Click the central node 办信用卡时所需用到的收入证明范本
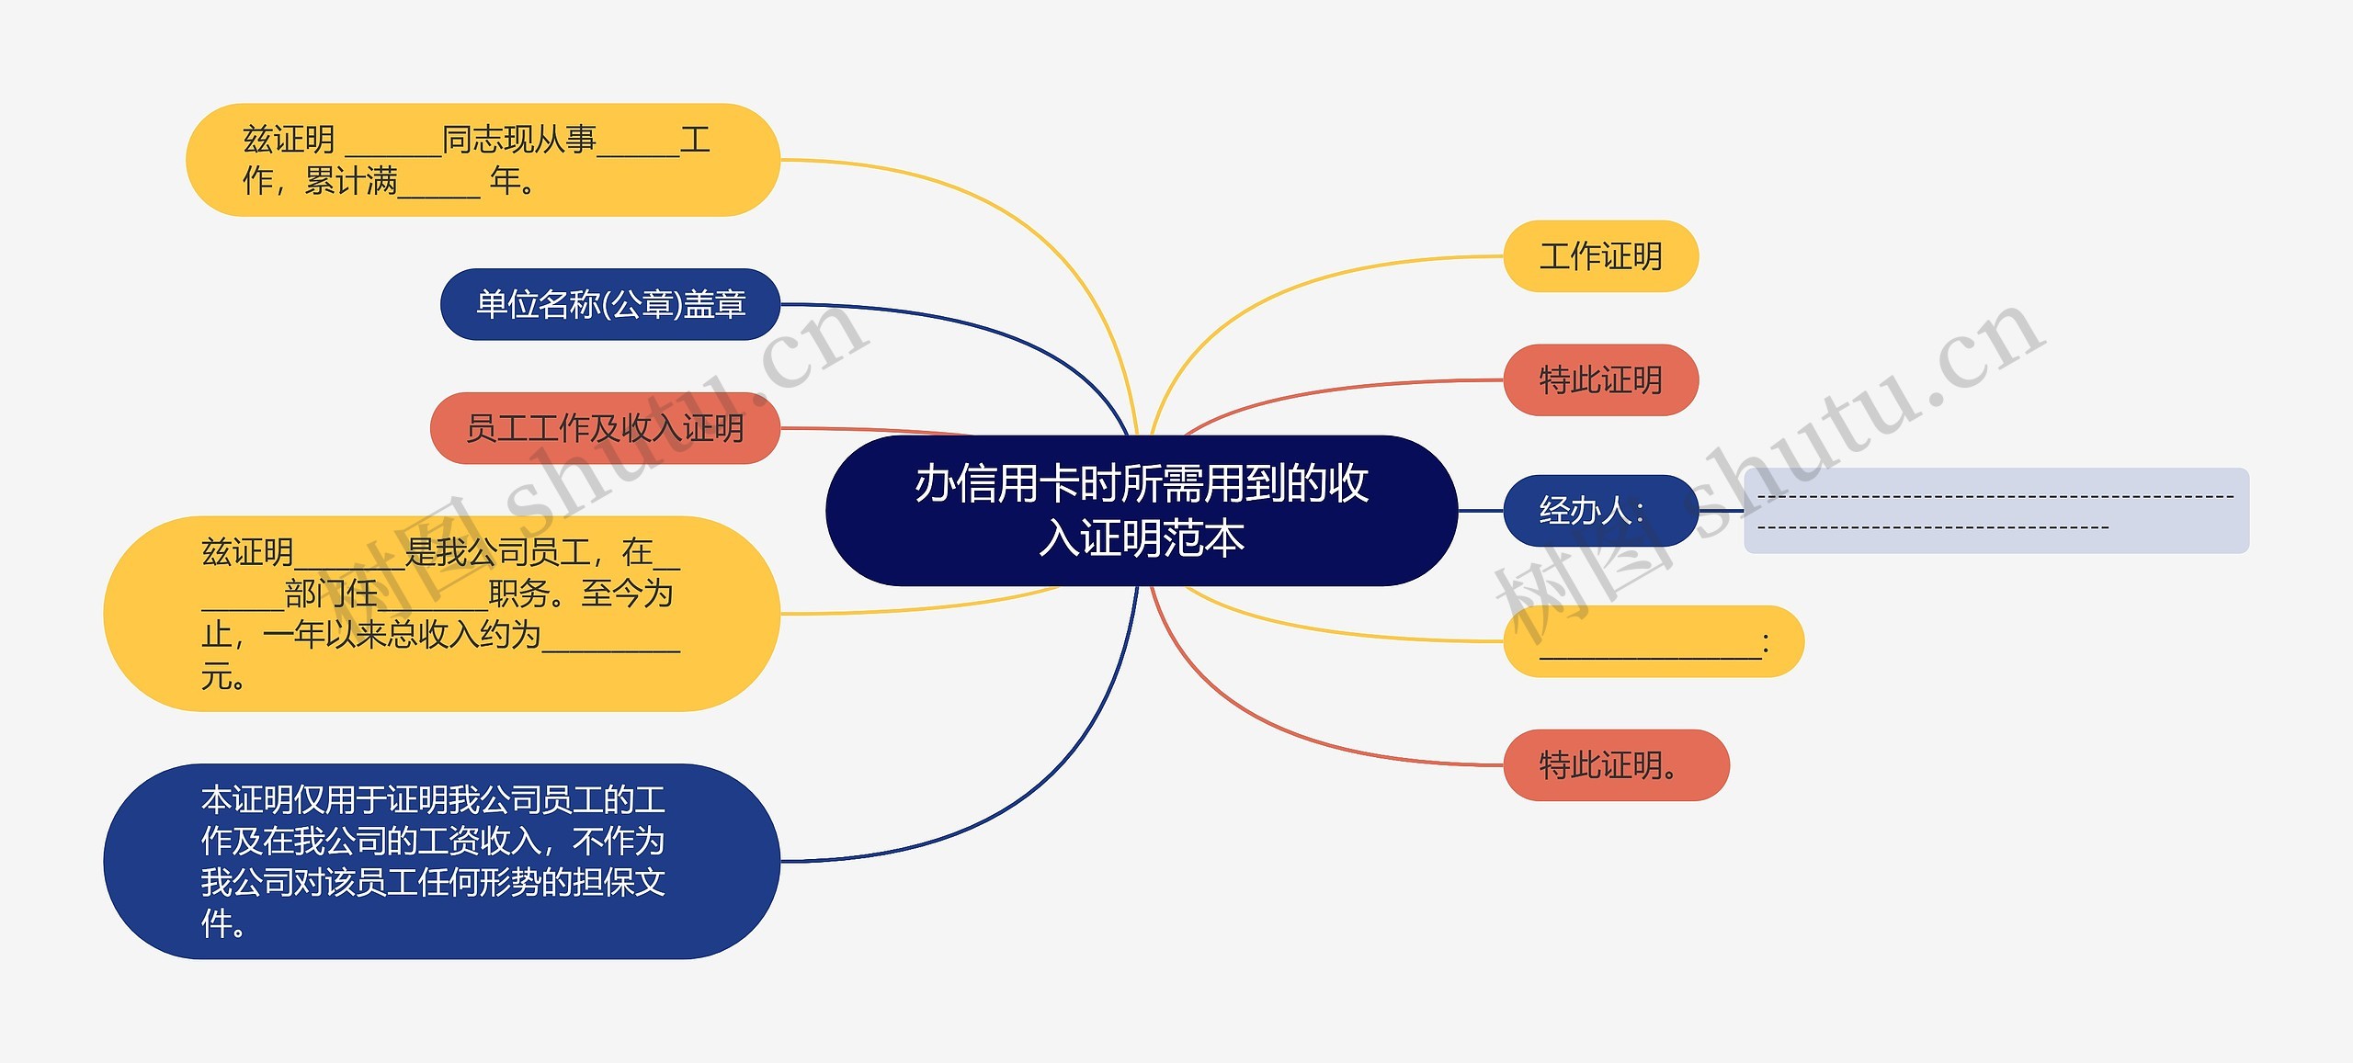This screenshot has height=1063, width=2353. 1142,511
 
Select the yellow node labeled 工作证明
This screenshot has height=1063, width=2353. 1600,256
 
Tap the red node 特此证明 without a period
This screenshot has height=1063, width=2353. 1600,380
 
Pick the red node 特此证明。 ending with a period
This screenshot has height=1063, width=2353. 1615,765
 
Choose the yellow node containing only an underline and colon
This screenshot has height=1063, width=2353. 1653,642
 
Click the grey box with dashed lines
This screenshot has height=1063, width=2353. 1995,511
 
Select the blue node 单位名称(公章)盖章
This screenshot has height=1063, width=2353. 610,304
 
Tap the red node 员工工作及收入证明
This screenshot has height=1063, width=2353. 605,428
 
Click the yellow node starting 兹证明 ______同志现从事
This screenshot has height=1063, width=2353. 483,160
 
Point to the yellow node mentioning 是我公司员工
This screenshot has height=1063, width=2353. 441,614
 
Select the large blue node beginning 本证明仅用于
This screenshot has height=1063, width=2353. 441,862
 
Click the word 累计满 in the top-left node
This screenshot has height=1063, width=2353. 351,181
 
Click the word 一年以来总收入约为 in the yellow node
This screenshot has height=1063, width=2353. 402,635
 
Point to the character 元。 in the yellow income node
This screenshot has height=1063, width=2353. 223,677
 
